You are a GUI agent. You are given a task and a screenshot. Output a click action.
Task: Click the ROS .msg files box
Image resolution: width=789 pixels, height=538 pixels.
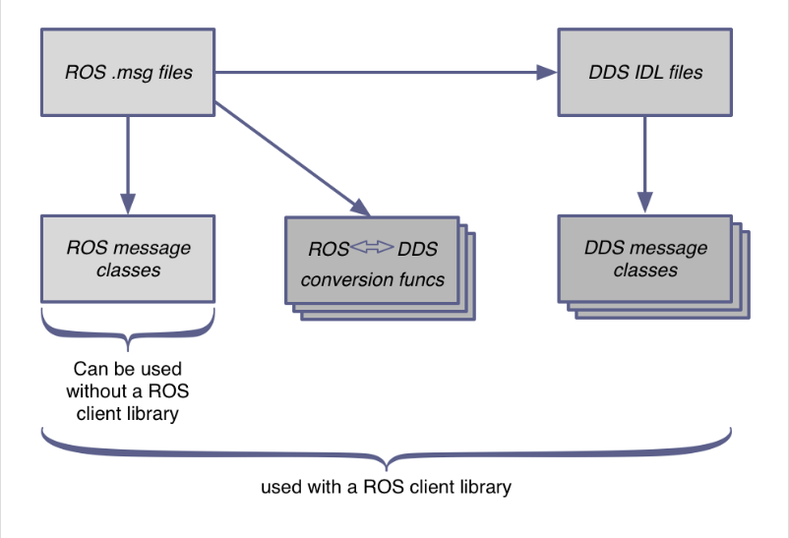(x=128, y=71)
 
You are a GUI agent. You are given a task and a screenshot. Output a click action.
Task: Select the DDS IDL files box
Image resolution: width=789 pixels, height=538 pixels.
(x=644, y=71)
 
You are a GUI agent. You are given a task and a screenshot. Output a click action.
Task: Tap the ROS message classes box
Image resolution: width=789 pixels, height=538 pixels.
(x=128, y=258)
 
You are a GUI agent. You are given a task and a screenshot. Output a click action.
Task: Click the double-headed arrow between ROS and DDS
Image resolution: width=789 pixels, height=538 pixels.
(x=373, y=249)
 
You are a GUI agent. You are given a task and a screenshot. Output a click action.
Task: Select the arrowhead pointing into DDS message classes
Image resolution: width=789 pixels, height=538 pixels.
(x=644, y=203)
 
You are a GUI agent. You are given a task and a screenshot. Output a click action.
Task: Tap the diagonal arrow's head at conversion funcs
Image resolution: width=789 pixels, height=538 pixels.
(x=360, y=209)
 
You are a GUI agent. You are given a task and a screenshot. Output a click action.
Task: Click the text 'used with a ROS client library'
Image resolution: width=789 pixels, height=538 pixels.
(x=386, y=487)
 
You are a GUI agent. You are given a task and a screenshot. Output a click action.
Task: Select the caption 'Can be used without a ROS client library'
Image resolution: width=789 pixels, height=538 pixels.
(x=127, y=391)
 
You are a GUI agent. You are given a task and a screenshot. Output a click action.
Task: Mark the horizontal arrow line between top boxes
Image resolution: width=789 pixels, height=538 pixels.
(x=374, y=72)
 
